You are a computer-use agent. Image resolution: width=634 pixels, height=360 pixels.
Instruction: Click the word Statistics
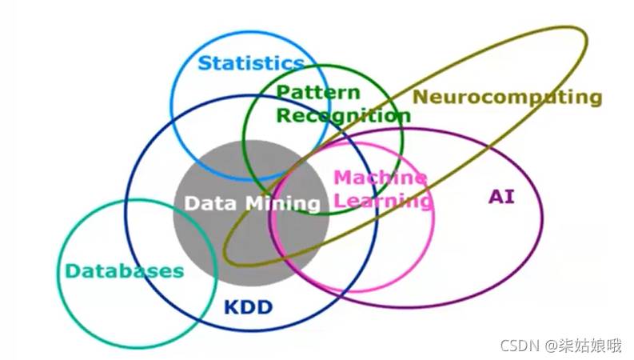(x=251, y=63)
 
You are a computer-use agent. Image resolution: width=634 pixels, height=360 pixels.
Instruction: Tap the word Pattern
(x=318, y=93)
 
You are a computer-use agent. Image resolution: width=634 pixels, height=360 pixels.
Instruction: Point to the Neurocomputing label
(x=508, y=98)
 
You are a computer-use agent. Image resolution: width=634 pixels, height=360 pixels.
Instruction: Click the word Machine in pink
(x=380, y=178)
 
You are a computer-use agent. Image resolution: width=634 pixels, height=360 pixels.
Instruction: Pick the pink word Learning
(x=383, y=201)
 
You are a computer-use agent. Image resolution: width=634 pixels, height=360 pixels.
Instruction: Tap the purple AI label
(x=501, y=197)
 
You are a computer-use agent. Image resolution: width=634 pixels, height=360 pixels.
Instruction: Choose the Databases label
(x=124, y=271)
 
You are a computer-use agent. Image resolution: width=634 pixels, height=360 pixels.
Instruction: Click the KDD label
(x=248, y=307)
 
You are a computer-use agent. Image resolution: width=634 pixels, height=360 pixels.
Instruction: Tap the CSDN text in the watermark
(x=520, y=346)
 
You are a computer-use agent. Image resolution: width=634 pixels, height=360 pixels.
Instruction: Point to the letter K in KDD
(x=231, y=307)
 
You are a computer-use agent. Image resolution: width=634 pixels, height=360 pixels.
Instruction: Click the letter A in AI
(x=496, y=197)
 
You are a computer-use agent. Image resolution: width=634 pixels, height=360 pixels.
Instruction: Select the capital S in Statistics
(x=205, y=63)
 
